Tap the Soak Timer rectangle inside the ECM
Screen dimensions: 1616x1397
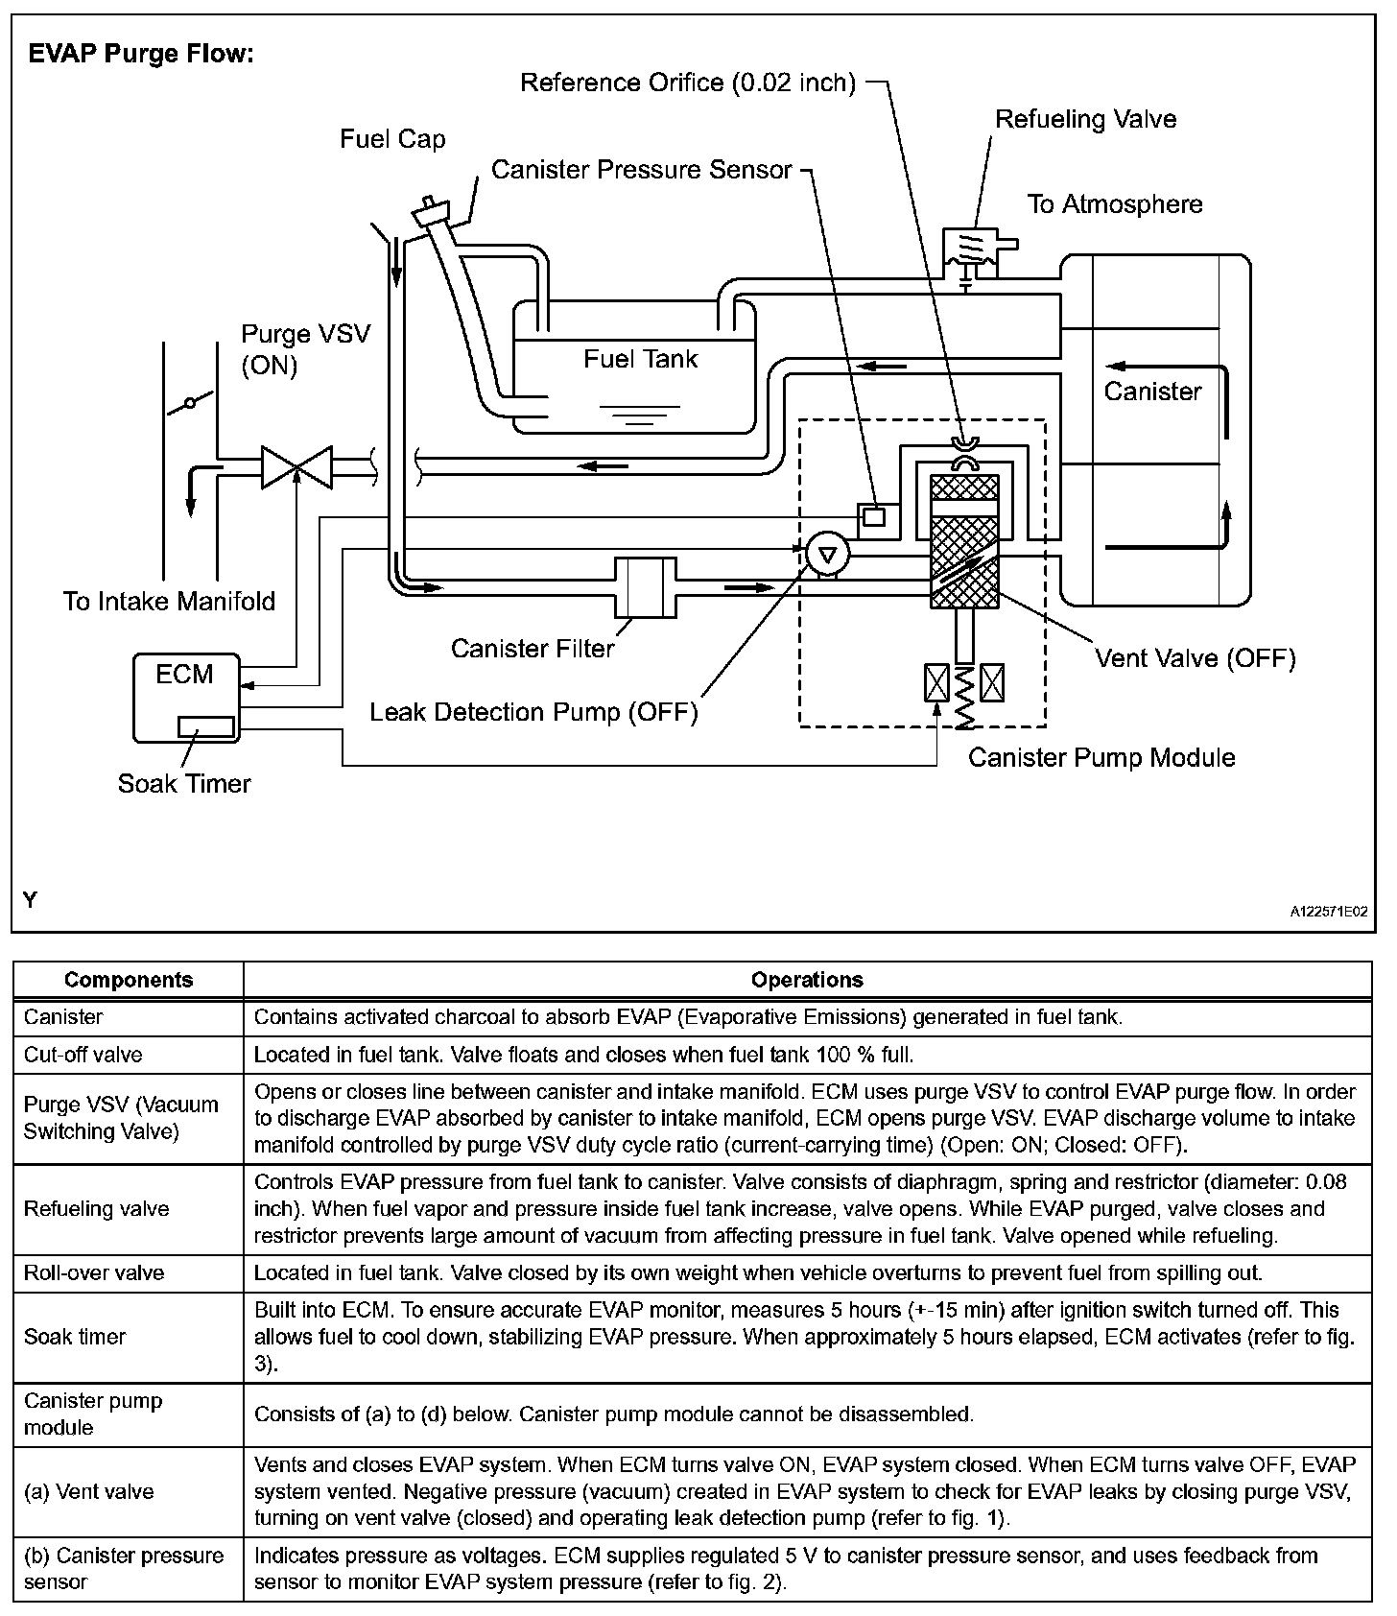click(205, 726)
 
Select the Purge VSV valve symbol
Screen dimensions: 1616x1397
click(296, 467)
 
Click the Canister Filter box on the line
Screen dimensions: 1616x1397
click(644, 586)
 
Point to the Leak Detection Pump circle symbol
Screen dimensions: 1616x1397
click(826, 554)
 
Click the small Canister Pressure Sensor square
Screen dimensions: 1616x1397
click(873, 516)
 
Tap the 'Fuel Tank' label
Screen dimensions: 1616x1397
click(640, 359)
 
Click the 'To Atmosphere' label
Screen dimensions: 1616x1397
click(1114, 203)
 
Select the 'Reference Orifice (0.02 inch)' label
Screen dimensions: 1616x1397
click(687, 83)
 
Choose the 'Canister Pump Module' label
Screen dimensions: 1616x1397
click(1101, 757)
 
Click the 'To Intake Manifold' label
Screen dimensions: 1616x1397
click(169, 602)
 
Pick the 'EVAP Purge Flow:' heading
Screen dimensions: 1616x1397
click(141, 54)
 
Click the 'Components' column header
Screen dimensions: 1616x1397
click(129, 980)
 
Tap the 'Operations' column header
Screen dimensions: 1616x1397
click(807, 980)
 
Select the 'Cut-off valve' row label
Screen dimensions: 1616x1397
click(83, 1055)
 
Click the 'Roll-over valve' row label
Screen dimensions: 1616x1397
click(94, 1272)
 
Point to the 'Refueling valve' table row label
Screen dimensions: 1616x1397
click(96, 1209)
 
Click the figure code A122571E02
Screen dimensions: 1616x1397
click(1328, 912)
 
